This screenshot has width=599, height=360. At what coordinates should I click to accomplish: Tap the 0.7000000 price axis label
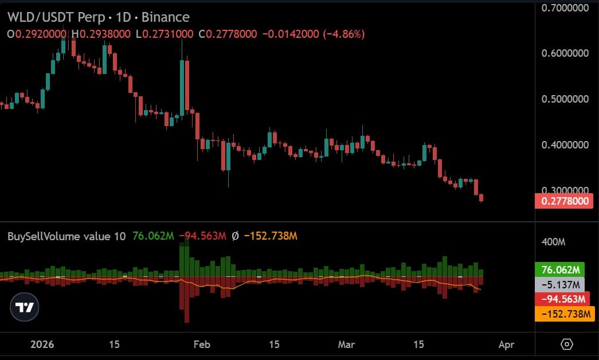click(565, 8)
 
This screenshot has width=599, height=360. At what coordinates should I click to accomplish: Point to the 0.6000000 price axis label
click(565, 53)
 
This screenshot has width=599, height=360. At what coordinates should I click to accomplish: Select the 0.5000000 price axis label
click(565, 99)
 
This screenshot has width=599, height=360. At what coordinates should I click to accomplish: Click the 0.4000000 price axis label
click(565, 144)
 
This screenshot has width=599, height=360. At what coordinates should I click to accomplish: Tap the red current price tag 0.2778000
click(563, 201)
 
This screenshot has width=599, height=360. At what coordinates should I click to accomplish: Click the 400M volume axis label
click(553, 242)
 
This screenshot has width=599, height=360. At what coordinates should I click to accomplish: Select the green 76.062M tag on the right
click(559, 270)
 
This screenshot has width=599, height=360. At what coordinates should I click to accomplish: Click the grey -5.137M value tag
click(559, 284)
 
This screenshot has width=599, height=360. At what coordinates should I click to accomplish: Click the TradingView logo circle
click(25, 307)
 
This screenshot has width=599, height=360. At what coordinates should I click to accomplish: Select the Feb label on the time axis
click(202, 345)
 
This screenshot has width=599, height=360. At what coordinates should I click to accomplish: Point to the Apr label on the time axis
click(506, 345)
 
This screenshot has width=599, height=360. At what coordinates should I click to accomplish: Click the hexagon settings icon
click(566, 345)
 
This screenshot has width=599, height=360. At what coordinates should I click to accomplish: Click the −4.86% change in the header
click(344, 34)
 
